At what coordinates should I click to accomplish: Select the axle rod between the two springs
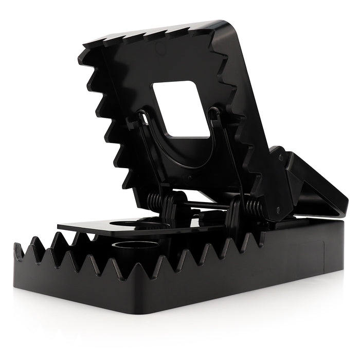click(206, 204)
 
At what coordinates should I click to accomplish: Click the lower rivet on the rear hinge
click(278, 209)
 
